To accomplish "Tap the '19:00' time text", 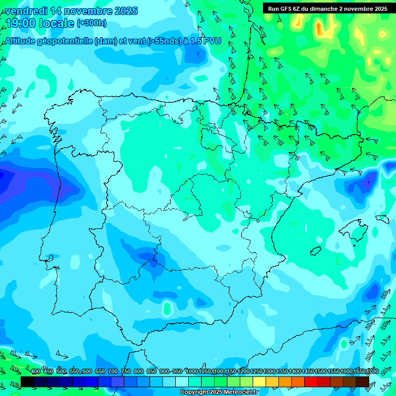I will [21, 23].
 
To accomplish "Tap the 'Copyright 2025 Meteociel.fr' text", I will [219, 392].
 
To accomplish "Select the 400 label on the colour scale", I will [36, 372].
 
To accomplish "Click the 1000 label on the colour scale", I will [192, 372].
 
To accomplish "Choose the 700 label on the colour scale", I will [113, 372].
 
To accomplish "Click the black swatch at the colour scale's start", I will [27, 382].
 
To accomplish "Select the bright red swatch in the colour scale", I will [311, 382].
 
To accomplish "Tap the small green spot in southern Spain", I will [167, 308].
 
